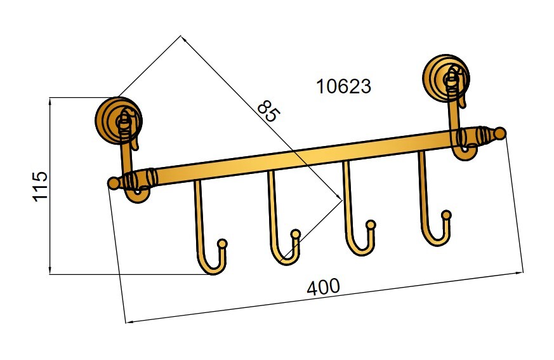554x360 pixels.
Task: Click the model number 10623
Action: pyautogui.click(x=344, y=86)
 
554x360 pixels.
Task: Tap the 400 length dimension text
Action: pyautogui.click(x=323, y=287)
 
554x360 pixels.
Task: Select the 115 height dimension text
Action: pyautogui.click(x=40, y=187)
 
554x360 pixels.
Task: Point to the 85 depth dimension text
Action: pyautogui.click(x=269, y=111)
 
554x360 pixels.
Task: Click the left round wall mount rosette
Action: pyautogui.click(x=119, y=120)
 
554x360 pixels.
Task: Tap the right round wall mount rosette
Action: pyautogui.click(x=446, y=78)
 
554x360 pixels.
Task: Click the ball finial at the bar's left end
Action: pyautogui.click(x=114, y=183)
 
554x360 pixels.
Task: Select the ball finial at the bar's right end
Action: pyautogui.click(x=500, y=133)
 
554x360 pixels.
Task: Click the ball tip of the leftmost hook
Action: pyautogui.click(x=222, y=243)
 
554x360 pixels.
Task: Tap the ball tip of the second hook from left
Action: pyautogui.click(x=296, y=234)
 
